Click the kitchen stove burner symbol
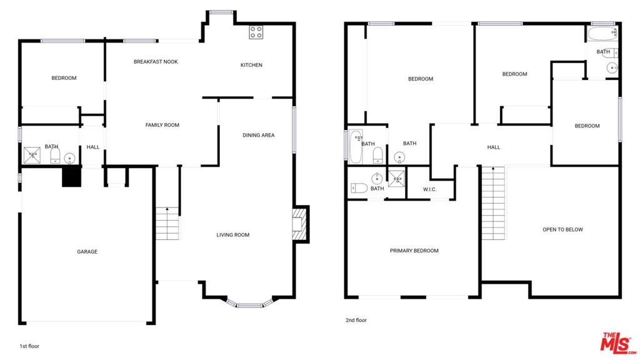(x=256, y=32)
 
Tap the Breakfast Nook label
(x=156, y=62)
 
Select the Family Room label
(x=162, y=125)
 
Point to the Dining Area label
(x=258, y=135)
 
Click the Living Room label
(x=232, y=235)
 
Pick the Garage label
(x=87, y=251)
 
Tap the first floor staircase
(x=167, y=224)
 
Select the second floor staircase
(x=494, y=203)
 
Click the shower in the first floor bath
(x=32, y=155)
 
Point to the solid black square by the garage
(x=71, y=177)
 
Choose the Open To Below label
(x=562, y=229)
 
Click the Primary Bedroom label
(x=414, y=251)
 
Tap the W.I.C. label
(x=430, y=189)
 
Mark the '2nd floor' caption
(x=356, y=320)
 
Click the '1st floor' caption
(x=29, y=346)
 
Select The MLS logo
(x=618, y=343)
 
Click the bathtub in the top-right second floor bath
(x=602, y=34)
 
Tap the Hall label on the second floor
(x=494, y=147)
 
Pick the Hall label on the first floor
(x=93, y=147)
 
